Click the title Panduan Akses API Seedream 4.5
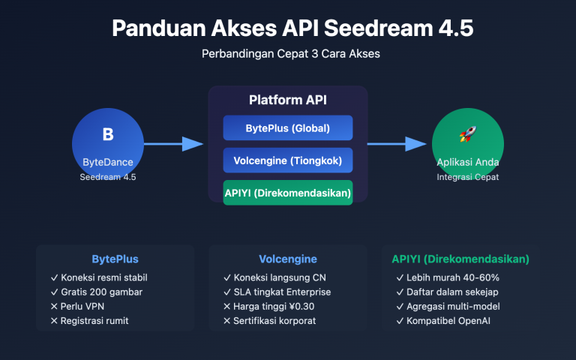pos(287,28)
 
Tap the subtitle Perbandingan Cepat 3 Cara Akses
pos(287,55)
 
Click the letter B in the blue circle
pos(107,135)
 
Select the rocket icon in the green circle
pos(468,135)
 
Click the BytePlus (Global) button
pos(287,128)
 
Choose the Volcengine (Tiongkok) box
pos(287,160)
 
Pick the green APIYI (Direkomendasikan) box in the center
pos(287,193)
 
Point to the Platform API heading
pos(287,100)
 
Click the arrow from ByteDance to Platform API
pos(173,144)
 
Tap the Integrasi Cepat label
pos(468,177)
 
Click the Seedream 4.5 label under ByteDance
pos(107,177)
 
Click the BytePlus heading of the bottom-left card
pos(115,259)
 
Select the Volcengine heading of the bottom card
pos(287,259)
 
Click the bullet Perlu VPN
pos(86,306)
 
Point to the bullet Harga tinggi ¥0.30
pos(274,306)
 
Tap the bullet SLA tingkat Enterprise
pos(277,292)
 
